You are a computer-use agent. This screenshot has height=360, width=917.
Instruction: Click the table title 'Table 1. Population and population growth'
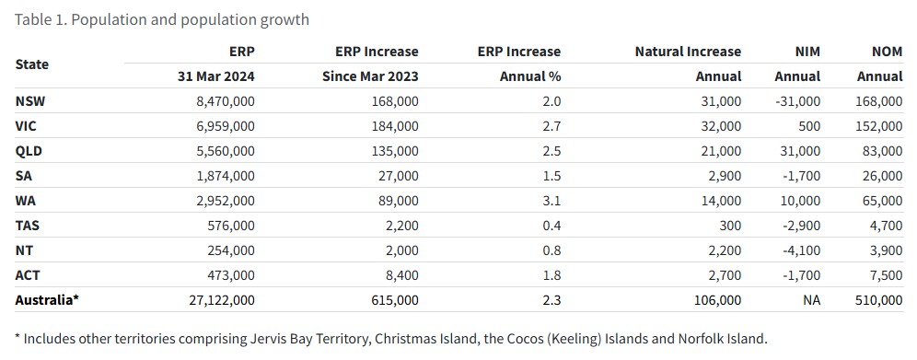coord(162,19)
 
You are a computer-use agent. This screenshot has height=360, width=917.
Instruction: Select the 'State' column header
coord(32,64)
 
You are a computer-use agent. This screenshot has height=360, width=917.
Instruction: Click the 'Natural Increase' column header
coord(688,52)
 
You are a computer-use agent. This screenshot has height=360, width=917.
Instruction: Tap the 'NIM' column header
coord(807,52)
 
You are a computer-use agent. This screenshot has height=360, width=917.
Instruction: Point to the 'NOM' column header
coord(887,52)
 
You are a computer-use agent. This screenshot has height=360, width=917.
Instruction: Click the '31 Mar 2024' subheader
coord(216,76)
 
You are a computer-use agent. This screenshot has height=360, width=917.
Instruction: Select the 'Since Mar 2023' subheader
coord(370,76)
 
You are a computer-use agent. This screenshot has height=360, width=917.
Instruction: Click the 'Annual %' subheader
coord(530,76)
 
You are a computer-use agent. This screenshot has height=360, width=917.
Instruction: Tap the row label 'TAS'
coord(28,226)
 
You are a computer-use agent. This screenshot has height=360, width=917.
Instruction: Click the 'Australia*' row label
coord(47,300)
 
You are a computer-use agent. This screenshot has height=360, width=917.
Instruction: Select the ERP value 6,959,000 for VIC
coord(226,126)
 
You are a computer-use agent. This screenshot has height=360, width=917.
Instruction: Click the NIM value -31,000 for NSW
coord(797,101)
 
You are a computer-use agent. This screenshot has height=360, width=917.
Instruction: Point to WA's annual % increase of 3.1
coord(551,201)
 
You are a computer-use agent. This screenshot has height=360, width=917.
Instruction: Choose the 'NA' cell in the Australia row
coord(811,300)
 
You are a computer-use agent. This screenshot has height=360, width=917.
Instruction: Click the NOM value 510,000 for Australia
coord(878,300)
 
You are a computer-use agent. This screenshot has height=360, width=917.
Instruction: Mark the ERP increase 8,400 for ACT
coord(401,275)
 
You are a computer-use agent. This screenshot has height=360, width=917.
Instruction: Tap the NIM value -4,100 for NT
coord(801,250)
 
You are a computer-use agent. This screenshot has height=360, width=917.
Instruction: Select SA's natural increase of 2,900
coord(724,176)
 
